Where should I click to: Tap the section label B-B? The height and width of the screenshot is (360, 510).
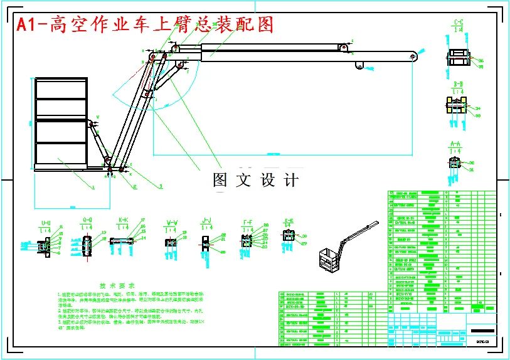tap(458, 83)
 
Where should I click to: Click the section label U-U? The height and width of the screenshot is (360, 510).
tap(46, 223)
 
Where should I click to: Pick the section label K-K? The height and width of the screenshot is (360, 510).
tap(123, 221)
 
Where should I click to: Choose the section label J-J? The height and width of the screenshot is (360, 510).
tap(206, 221)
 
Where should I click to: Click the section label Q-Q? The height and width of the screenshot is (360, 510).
tap(87, 221)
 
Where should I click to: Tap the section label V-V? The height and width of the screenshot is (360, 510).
tap(171, 222)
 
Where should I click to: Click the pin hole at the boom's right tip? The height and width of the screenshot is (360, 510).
tap(413, 57)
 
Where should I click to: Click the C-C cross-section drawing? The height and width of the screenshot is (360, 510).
tap(458, 56)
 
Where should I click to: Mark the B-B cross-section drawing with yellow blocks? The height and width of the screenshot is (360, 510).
tap(457, 107)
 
